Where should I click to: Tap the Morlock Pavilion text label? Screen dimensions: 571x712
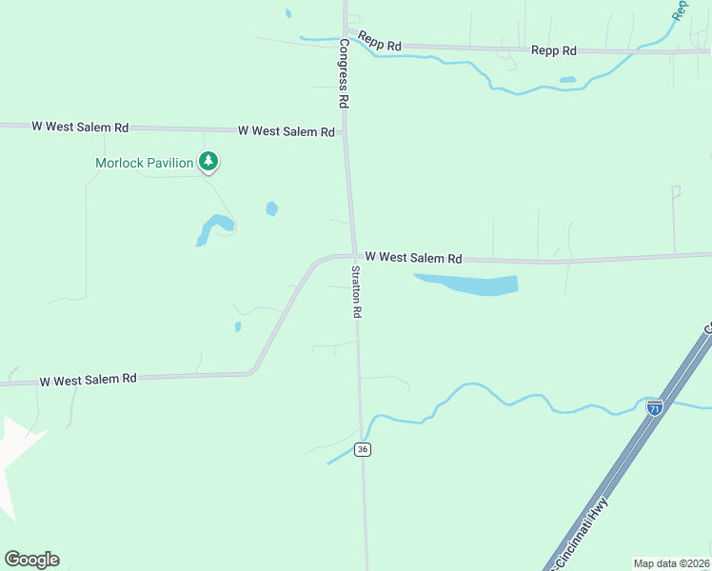(x=145, y=163)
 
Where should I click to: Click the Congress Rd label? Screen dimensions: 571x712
(x=343, y=72)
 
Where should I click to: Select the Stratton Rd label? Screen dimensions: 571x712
(x=356, y=291)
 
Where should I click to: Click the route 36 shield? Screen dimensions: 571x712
(x=362, y=449)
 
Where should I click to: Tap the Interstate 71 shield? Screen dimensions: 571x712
(x=654, y=407)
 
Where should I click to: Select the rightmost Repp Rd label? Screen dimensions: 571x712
(x=554, y=49)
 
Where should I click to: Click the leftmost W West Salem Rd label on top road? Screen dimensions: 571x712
(x=80, y=126)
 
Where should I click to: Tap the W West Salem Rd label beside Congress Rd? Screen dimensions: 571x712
(x=286, y=130)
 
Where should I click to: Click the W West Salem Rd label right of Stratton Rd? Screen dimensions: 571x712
(x=413, y=258)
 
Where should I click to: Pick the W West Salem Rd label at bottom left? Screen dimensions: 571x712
(x=88, y=379)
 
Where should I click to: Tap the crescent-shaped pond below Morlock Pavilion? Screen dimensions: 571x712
(x=212, y=228)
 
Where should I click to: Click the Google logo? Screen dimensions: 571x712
(x=31, y=559)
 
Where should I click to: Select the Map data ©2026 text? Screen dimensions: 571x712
(x=671, y=562)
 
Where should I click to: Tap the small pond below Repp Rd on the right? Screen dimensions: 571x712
(x=567, y=80)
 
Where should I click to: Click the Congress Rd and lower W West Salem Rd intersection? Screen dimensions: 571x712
(x=354, y=255)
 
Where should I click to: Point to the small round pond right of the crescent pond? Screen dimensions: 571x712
(x=272, y=208)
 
